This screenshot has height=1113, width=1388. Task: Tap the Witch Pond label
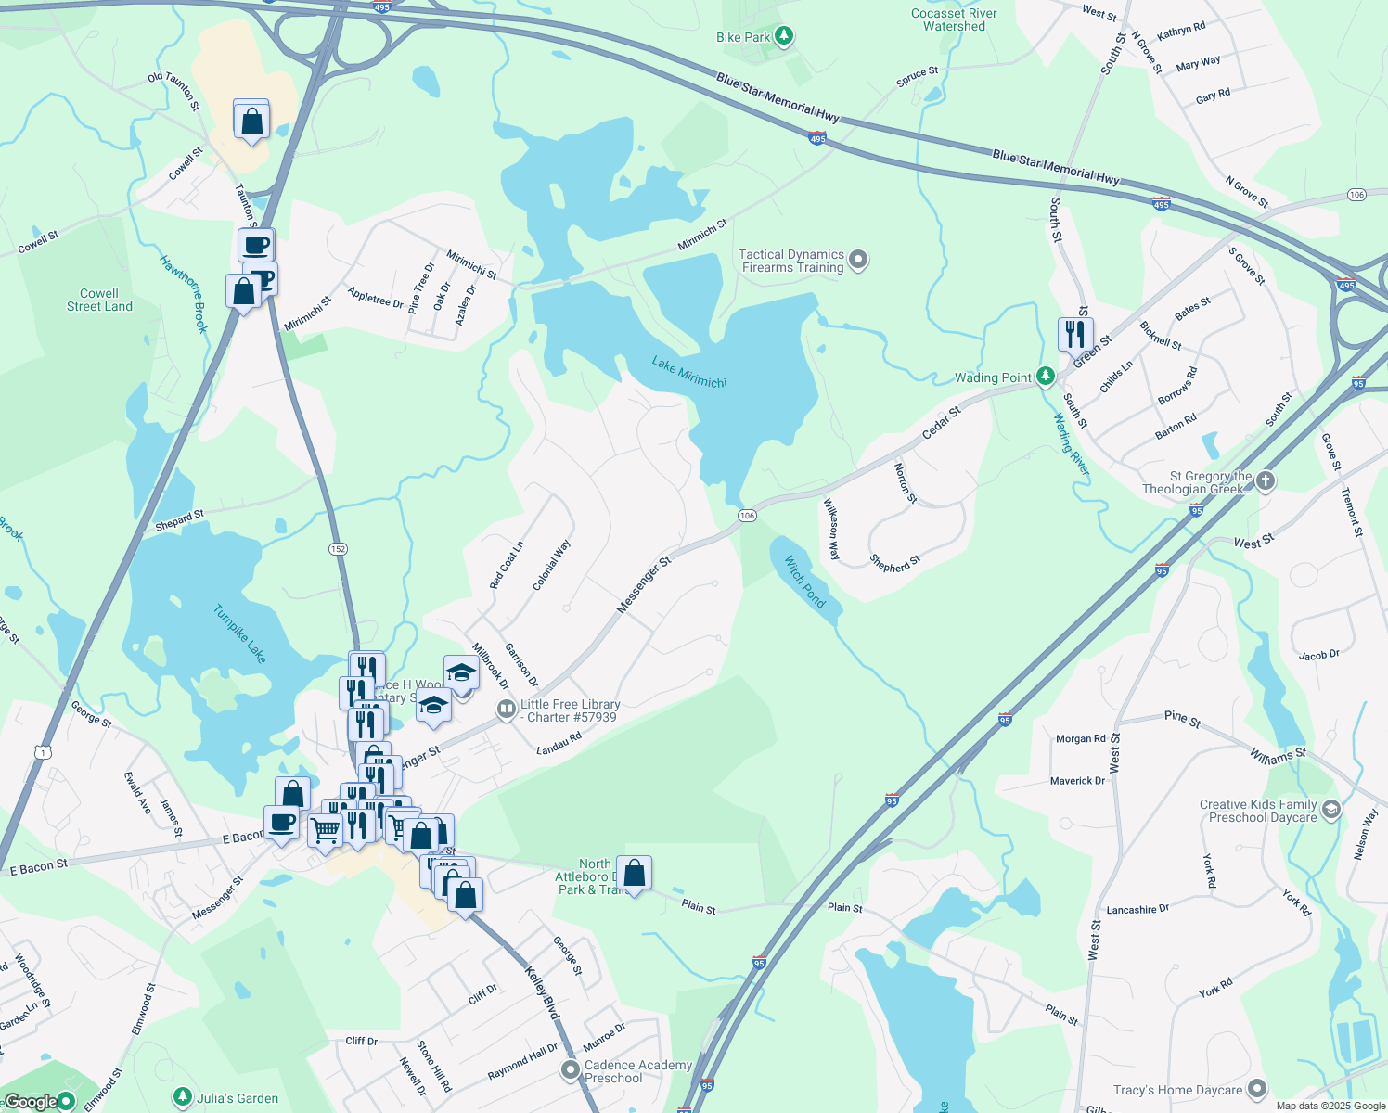[x=804, y=582]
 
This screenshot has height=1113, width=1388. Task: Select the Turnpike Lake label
[x=239, y=633]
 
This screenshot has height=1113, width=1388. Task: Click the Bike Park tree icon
[x=784, y=37]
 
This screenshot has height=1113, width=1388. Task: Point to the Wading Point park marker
[x=1046, y=377]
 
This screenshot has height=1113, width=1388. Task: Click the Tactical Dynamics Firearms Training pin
[x=858, y=260]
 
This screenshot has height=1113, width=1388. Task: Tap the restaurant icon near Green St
[x=1075, y=333]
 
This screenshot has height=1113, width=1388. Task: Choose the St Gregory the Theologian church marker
[x=1266, y=481]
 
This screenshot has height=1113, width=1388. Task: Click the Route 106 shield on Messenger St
[x=748, y=515]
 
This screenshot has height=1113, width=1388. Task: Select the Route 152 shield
[x=338, y=549]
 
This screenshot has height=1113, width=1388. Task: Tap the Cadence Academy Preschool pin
[x=571, y=1071]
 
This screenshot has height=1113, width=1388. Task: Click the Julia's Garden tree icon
[x=183, y=1098]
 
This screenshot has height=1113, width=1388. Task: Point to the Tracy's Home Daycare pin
[x=1257, y=1089]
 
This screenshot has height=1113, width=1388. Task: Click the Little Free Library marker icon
[x=506, y=710]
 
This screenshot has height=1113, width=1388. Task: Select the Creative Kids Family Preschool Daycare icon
[x=1330, y=810]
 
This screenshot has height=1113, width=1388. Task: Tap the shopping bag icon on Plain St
[x=635, y=873]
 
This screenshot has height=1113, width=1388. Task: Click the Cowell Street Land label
[x=99, y=300]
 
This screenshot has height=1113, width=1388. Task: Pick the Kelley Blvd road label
[x=542, y=993]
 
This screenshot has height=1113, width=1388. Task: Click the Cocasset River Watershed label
[x=954, y=19]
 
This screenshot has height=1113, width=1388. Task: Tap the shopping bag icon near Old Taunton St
[x=251, y=120]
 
